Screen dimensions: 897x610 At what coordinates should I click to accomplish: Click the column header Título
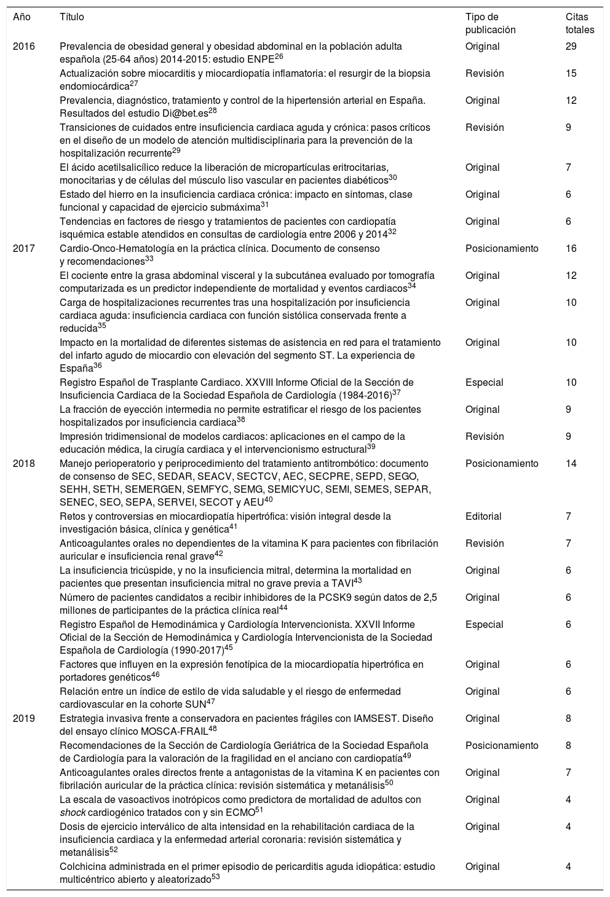(71, 17)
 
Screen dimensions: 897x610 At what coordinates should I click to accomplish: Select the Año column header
(22, 17)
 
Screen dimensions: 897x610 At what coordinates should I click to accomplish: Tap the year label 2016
(24, 46)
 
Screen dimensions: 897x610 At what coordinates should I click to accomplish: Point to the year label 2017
(24, 249)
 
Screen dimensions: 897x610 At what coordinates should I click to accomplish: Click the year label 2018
(24, 464)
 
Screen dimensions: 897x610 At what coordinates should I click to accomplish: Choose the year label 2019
(24, 719)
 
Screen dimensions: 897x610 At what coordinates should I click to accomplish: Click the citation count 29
(571, 46)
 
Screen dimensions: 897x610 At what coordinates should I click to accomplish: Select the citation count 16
(571, 249)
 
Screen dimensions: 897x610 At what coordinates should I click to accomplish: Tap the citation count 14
(571, 464)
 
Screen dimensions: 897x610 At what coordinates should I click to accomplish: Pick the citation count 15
(571, 73)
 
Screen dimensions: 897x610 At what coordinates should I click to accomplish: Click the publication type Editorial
(483, 517)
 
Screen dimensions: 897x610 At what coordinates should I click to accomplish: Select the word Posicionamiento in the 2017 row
(502, 249)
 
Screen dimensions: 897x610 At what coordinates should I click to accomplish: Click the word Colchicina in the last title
(82, 867)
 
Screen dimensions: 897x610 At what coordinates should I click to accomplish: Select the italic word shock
(72, 813)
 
